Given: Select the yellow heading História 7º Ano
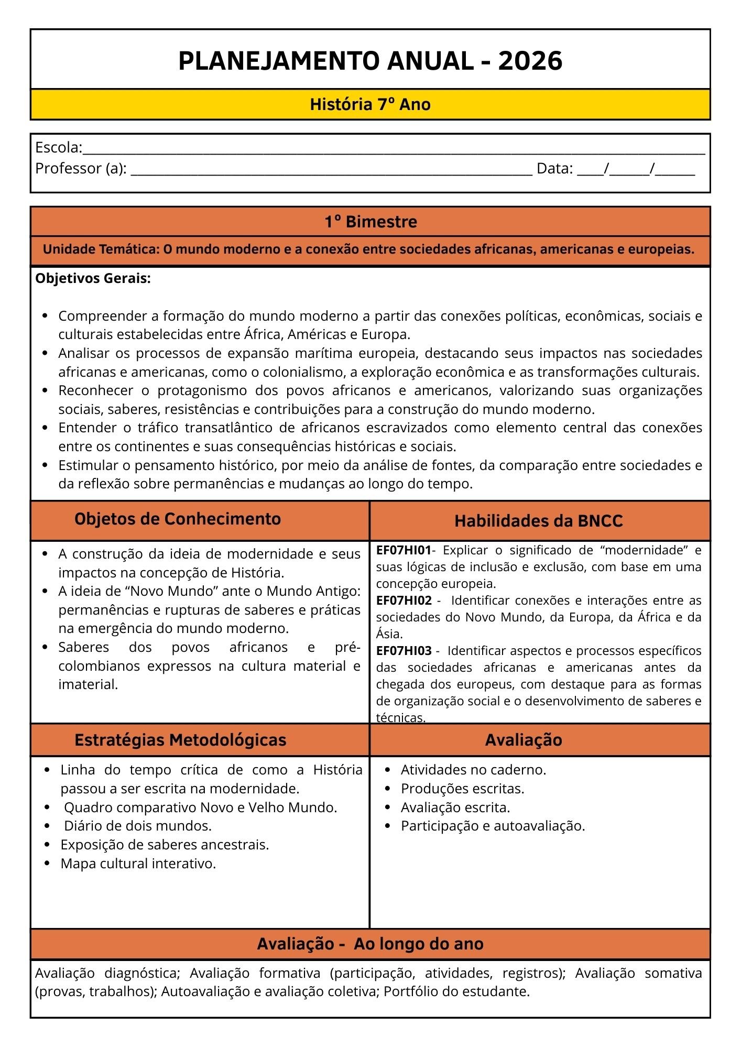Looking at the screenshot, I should tap(370, 104).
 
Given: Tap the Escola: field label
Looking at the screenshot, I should tap(58, 148).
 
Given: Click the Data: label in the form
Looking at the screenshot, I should tap(554, 169).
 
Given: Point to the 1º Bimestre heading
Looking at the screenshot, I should tap(370, 222).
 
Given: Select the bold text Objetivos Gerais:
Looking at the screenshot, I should tap(93, 279).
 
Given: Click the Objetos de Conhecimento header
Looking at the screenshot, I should tap(178, 519).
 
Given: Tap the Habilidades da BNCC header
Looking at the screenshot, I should tap(538, 521).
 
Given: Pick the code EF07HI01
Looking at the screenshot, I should tap(404, 550).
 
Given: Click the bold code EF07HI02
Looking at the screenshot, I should tap(404, 601).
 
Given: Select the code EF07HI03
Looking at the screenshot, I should tap(404, 651).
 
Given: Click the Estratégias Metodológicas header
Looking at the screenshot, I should tap(180, 740).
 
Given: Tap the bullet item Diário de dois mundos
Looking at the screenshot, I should tap(137, 826).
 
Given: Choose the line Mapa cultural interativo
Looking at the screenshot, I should tap(138, 864).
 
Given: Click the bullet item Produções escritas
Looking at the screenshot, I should tap(462, 789).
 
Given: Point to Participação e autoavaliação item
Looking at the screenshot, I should tap(493, 826).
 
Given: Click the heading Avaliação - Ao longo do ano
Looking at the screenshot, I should tap(370, 944).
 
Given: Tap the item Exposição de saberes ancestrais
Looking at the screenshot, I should tap(165, 845).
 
